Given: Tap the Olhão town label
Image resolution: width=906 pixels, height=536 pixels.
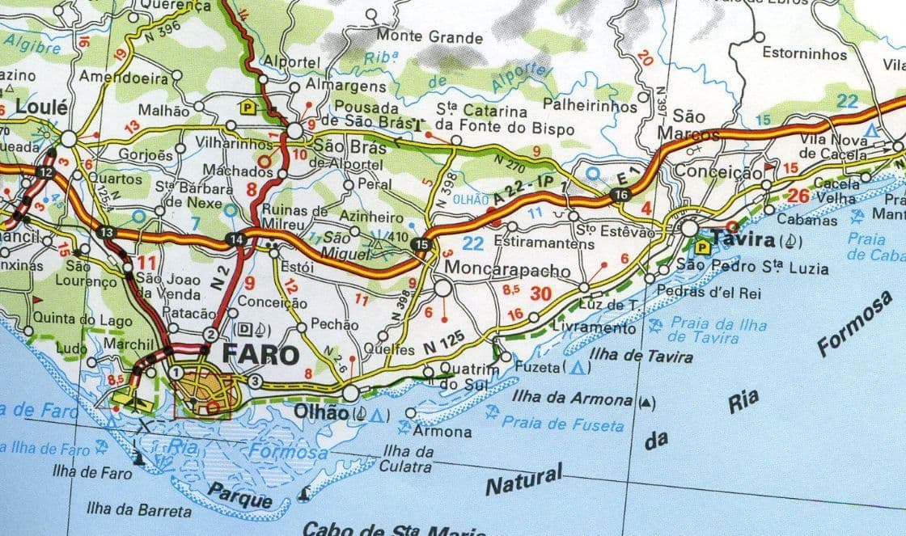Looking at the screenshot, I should [325, 412].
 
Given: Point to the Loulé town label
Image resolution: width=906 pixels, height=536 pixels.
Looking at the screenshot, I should [36, 107].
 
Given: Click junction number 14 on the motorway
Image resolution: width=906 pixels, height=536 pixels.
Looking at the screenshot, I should [235, 238].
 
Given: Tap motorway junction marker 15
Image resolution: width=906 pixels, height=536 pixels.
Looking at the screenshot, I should [420, 244].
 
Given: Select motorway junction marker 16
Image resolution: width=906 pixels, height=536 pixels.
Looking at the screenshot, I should [620, 195].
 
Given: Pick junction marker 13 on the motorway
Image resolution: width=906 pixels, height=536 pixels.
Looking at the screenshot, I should [108, 233].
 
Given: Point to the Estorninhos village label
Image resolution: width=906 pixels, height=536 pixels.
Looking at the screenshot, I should [805, 54].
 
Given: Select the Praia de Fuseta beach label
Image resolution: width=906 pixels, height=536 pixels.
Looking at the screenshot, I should [563, 424].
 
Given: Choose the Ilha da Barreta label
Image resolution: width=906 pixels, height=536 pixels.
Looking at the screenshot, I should [140, 510].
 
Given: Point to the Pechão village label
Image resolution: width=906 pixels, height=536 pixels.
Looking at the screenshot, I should [334, 324].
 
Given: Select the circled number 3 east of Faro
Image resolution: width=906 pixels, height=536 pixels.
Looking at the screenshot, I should [255, 382].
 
